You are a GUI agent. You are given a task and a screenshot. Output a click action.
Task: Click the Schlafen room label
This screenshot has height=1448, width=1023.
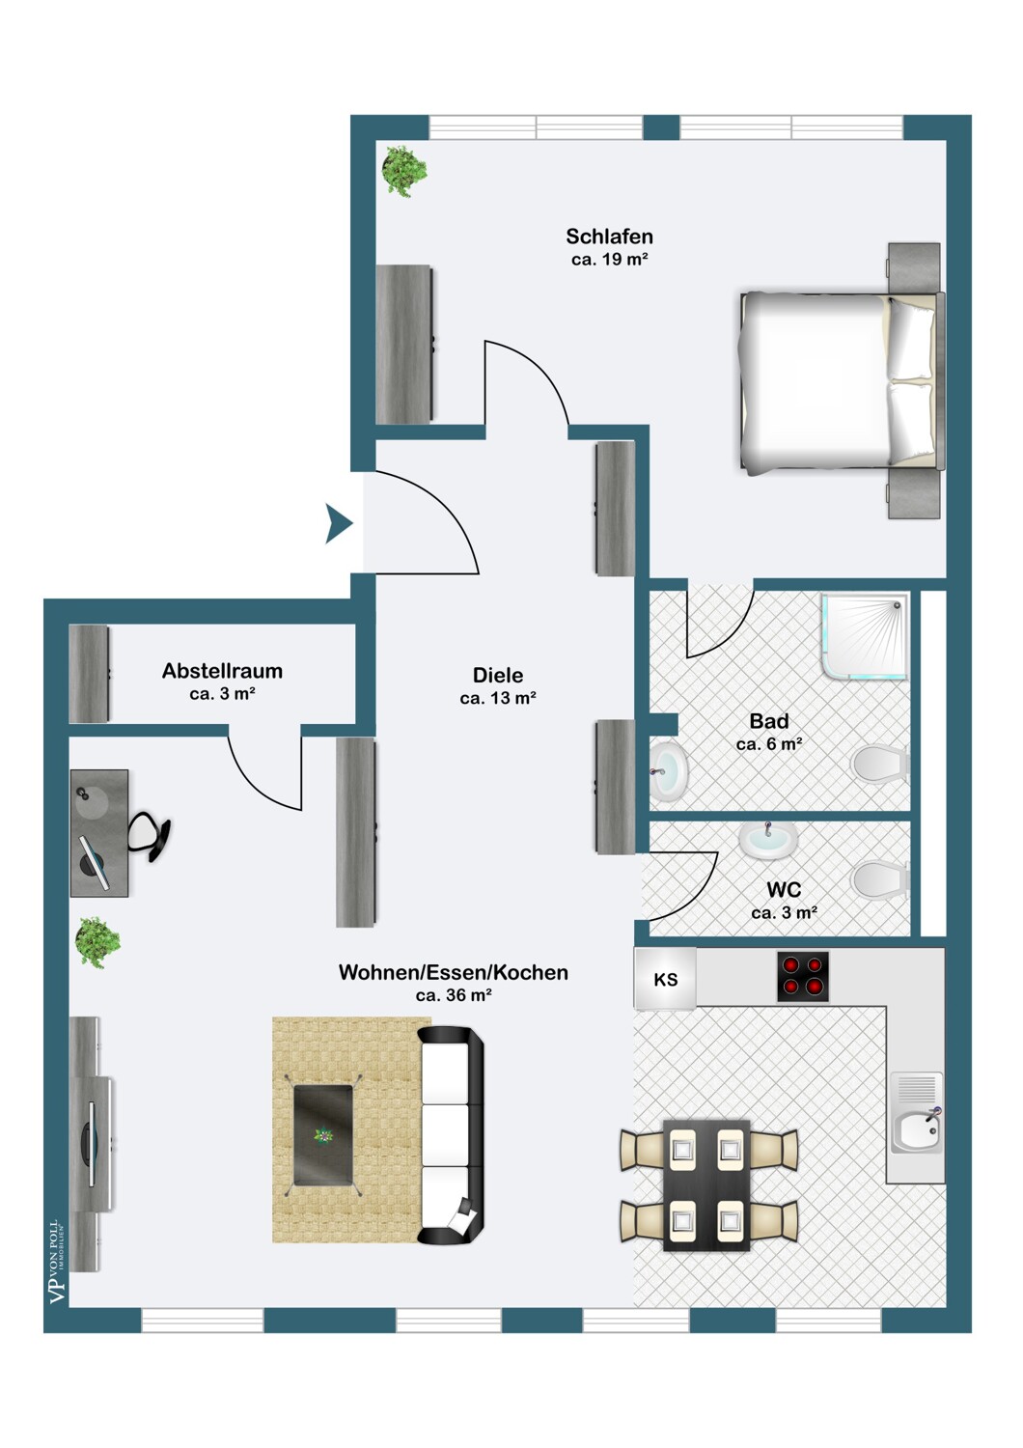coord(609,237)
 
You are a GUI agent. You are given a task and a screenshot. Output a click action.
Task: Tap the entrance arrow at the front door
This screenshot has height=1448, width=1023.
coord(339,523)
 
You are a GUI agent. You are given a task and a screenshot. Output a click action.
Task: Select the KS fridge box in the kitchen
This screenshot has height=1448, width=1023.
coord(665,980)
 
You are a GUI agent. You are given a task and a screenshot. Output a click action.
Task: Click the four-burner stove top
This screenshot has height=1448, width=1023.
coord(803,977)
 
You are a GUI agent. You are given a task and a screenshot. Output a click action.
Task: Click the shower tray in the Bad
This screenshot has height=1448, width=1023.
coord(866,637)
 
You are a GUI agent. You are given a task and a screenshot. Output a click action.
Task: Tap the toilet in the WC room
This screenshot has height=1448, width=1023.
coord(881,879)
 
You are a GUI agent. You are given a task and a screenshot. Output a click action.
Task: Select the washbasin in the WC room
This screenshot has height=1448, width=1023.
coord(768,840)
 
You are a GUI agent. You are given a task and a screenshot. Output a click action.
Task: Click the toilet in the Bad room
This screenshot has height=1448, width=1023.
coord(881,765)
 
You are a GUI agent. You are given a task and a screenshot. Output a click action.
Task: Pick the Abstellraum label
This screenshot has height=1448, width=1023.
coord(222,671)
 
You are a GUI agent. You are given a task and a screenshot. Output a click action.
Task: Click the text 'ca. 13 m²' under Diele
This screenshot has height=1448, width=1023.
coord(498,698)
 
